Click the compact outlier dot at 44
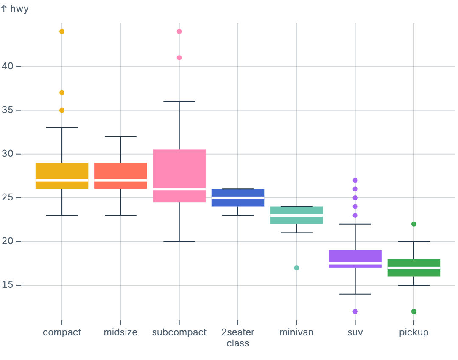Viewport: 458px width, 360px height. tap(62, 31)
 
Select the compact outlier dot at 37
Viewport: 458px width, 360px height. tap(62, 93)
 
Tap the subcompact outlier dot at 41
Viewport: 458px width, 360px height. tap(179, 58)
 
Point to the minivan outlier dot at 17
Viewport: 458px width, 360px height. tap(296, 268)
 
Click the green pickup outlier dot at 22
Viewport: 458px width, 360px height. tap(414, 224)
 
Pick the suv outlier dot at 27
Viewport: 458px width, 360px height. tap(355, 180)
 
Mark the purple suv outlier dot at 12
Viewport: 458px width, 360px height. tap(355, 312)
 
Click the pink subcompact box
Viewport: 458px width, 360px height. tap(179, 170)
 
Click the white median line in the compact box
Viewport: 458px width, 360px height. tap(62, 180)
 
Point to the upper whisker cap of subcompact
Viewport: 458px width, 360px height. tap(179, 101)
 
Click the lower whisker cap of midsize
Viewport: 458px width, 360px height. tap(120, 215)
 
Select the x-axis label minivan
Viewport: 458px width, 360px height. tap(296, 332)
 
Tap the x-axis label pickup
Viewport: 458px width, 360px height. tap(414, 332)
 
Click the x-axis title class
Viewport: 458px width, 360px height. tap(238, 343)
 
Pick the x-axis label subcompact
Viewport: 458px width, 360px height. tap(179, 332)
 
